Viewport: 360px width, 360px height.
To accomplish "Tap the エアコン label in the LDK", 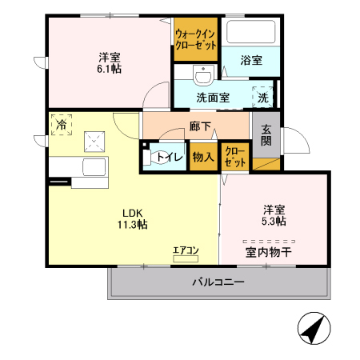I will tap(186, 250).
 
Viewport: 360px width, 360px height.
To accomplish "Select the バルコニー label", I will tap(218, 282).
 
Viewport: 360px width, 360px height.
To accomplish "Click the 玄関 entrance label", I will tap(266, 135).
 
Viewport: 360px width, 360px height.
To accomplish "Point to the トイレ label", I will tap(170, 157).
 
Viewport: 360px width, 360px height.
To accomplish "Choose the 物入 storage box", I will tap(203, 157).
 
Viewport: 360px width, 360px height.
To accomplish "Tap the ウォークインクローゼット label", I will tap(196, 39).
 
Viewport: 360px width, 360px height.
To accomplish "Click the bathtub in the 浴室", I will tap(251, 34).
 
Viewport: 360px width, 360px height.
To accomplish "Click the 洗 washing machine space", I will tap(263, 97).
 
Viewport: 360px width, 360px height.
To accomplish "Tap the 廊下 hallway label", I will tap(201, 126).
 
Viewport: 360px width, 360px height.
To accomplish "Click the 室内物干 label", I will tap(269, 252).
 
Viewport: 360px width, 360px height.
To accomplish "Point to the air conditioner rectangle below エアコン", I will tap(186, 259).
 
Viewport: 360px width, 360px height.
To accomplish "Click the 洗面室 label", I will tap(213, 98).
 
